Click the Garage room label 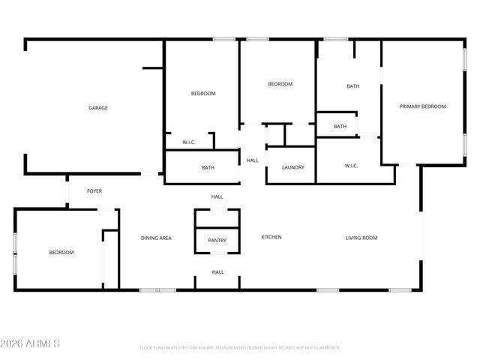coord(98,108)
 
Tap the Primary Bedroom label coord(422,106)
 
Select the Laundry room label coord(293,167)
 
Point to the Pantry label coord(217,241)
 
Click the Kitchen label coord(271,238)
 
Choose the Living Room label coord(361,238)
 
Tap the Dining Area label coord(157,238)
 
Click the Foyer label coord(94,191)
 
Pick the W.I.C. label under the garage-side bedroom coord(189,142)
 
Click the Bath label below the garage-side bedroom coord(208,168)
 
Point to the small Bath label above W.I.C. coord(340,127)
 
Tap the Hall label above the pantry coord(217,196)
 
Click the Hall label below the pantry coord(217,272)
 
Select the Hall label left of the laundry coord(253,160)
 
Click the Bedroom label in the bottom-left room coord(61,253)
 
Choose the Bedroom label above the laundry coord(280,84)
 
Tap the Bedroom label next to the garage coord(203,94)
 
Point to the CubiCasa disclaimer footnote coord(240,348)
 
